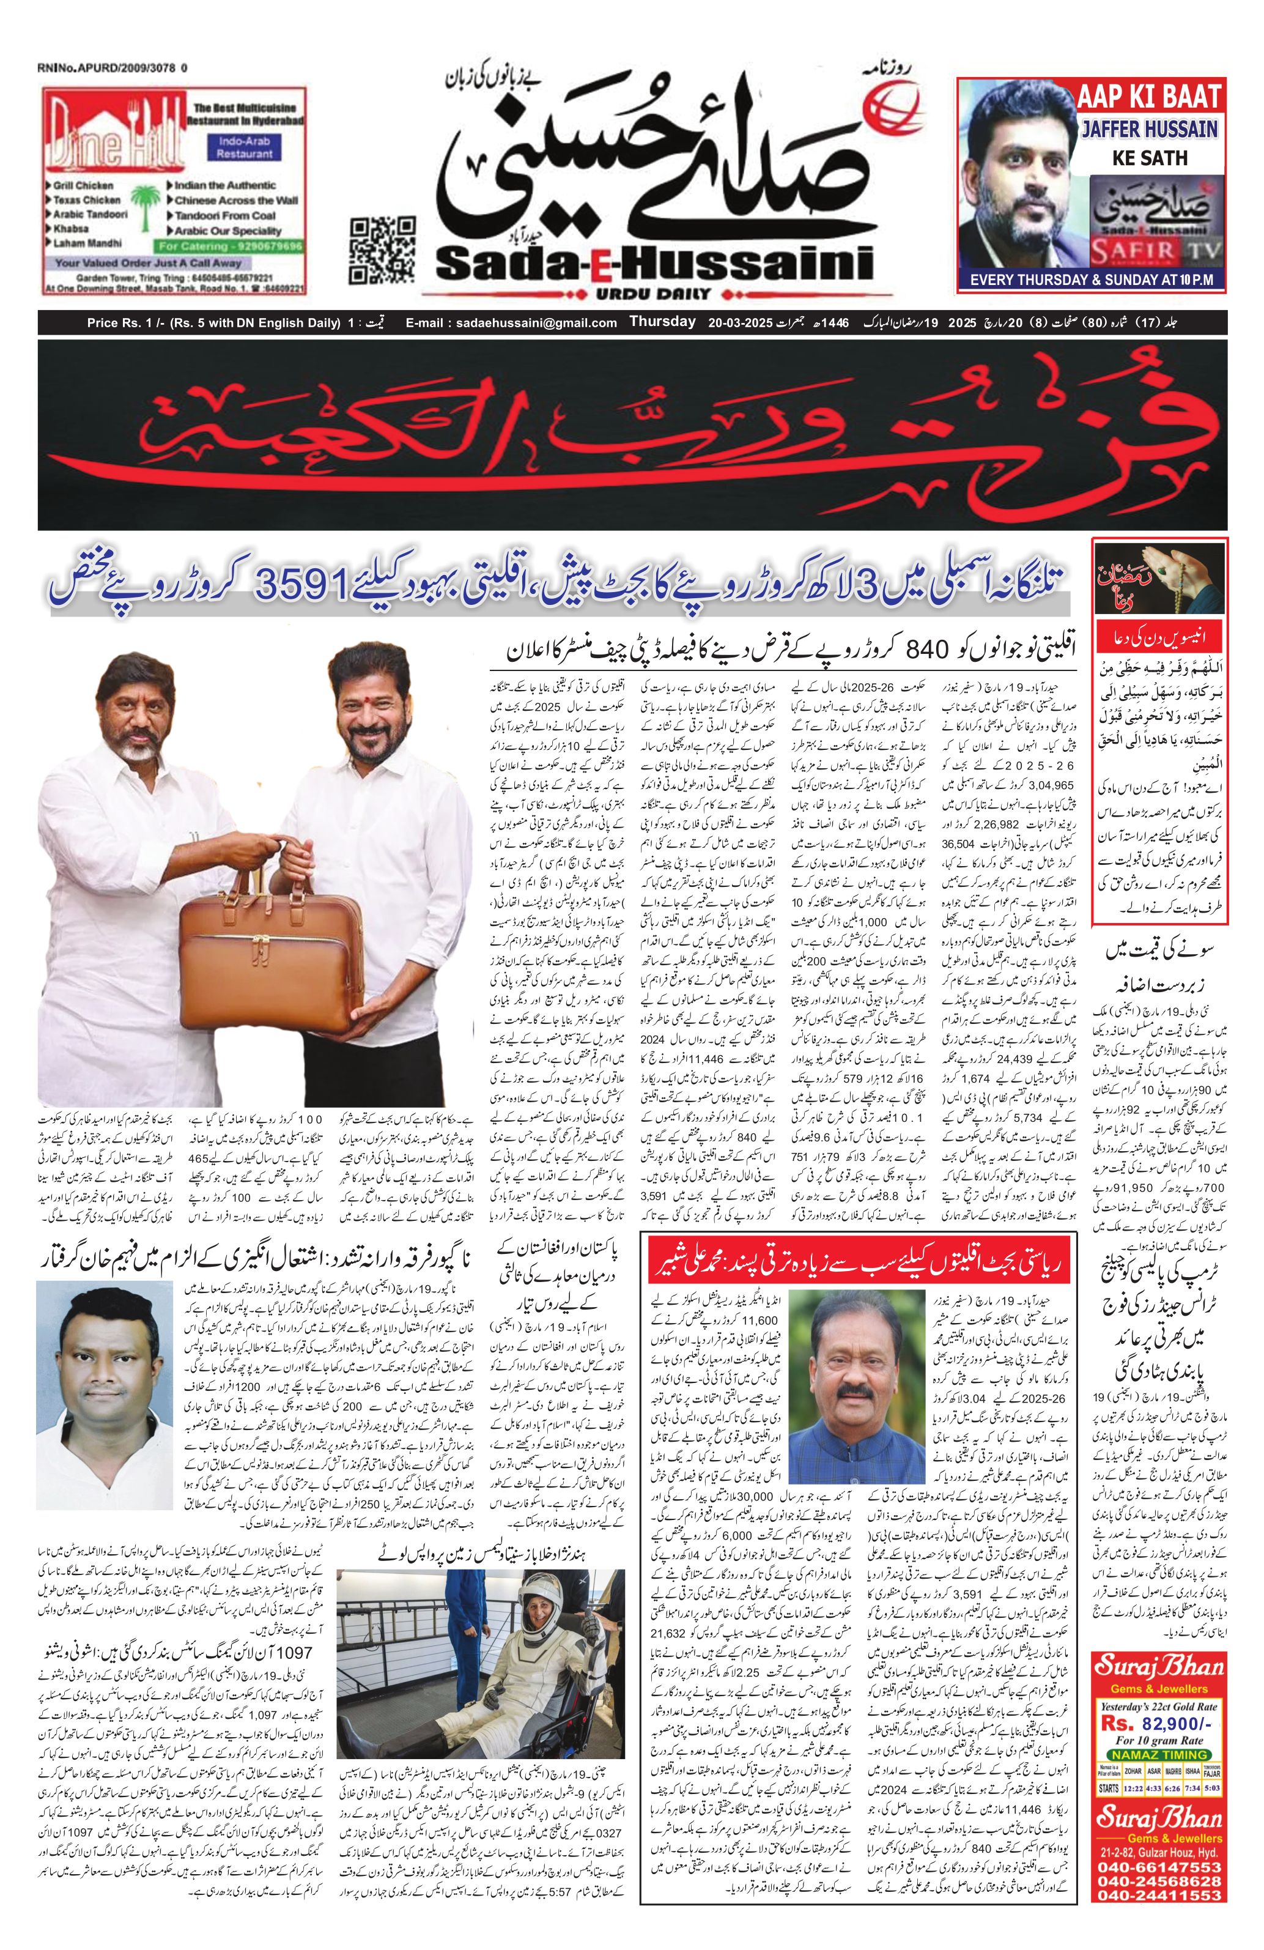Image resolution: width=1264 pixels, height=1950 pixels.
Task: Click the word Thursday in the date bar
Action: (662, 322)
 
